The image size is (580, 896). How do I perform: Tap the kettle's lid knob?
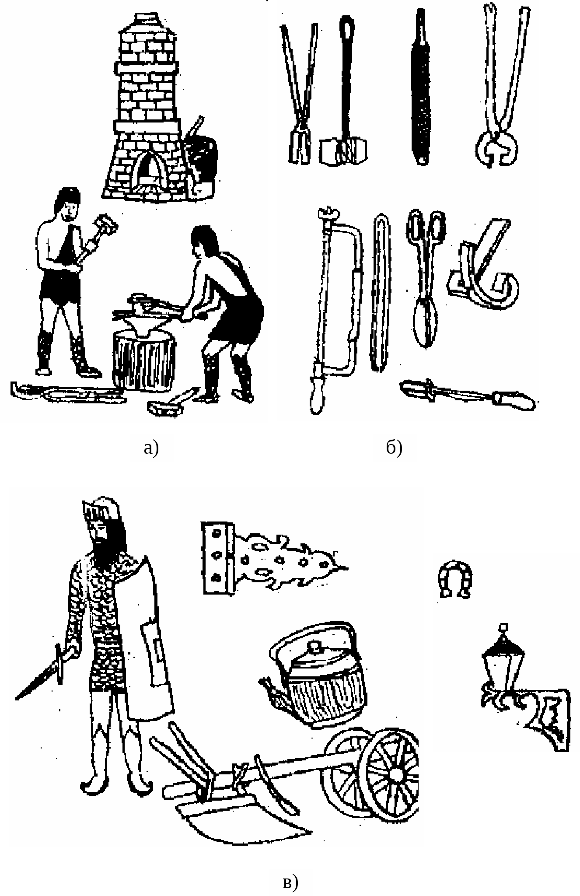(x=314, y=646)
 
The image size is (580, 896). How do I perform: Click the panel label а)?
(x=151, y=448)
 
